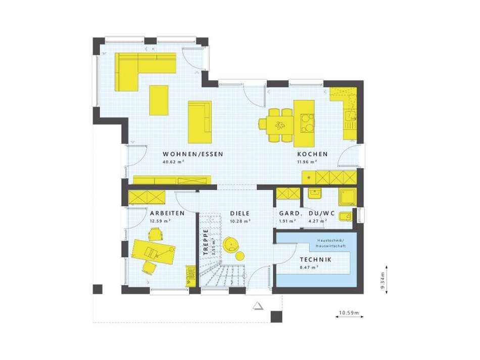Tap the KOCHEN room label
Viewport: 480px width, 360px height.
312,154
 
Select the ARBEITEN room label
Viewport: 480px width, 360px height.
163,213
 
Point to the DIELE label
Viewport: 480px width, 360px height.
240,213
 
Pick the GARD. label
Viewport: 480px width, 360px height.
290,213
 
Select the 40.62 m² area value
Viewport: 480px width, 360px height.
173,162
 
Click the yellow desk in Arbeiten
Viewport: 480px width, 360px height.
154,251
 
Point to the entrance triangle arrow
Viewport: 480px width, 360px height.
258,305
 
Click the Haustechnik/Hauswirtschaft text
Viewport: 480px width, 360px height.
330,243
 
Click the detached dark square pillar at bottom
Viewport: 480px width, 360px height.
276,317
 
